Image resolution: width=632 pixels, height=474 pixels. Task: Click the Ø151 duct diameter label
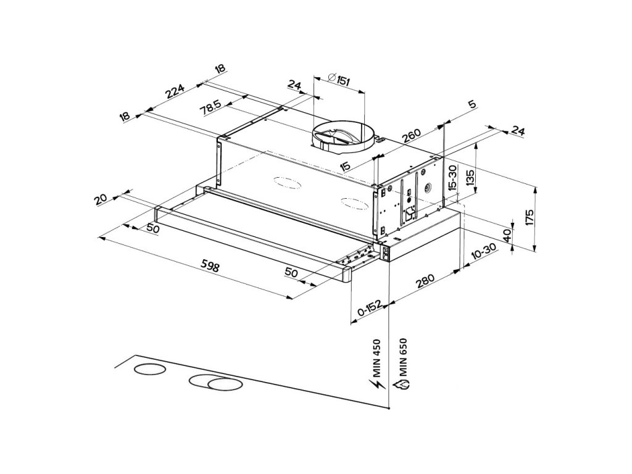click(x=340, y=80)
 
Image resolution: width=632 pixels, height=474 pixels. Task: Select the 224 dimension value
click(x=175, y=93)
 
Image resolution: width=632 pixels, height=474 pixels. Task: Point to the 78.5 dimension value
click(x=211, y=106)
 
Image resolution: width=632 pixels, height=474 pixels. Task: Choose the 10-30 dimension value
click(x=483, y=252)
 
